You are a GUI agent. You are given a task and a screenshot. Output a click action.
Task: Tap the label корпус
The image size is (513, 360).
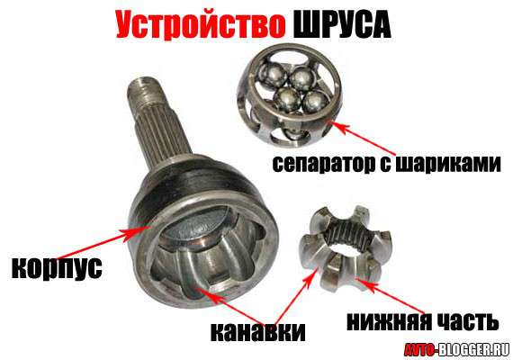(x=57, y=268)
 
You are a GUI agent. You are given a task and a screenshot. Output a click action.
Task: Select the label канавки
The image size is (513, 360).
(x=257, y=332)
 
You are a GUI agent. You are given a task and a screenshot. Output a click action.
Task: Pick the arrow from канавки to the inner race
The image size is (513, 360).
(x=295, y=295)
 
